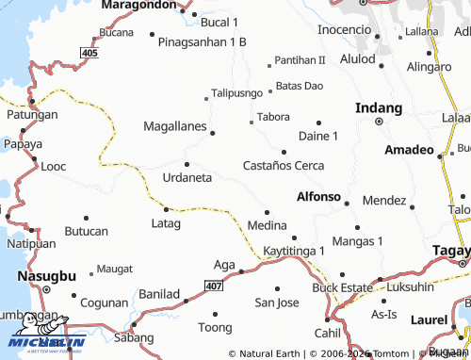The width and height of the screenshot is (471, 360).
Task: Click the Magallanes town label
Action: tap(176, 125)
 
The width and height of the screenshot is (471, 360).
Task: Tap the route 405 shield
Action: tap(89, 53)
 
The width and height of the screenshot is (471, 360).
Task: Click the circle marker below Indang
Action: tap(379, 122)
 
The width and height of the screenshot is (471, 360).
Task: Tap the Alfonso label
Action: tap(317, 197)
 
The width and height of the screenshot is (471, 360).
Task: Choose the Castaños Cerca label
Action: tap(284, 166)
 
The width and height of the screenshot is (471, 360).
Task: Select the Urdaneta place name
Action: tap(187, 177)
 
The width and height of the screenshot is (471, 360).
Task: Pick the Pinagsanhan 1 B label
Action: tap(202, 42)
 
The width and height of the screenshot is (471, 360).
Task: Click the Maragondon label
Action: tap(139, 5)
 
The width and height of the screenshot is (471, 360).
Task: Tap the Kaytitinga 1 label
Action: tap(294, 251)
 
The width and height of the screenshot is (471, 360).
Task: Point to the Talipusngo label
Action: tap(236, 93)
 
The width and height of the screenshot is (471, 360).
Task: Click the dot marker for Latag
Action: tap(166, 209)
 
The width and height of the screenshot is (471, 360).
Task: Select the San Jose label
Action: tap(277, 303)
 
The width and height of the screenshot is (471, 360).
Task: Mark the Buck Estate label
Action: tap(343, 286)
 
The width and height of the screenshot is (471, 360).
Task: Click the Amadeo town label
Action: tap(409, 150)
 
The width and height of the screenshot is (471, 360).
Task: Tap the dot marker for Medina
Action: tap(267, 212)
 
